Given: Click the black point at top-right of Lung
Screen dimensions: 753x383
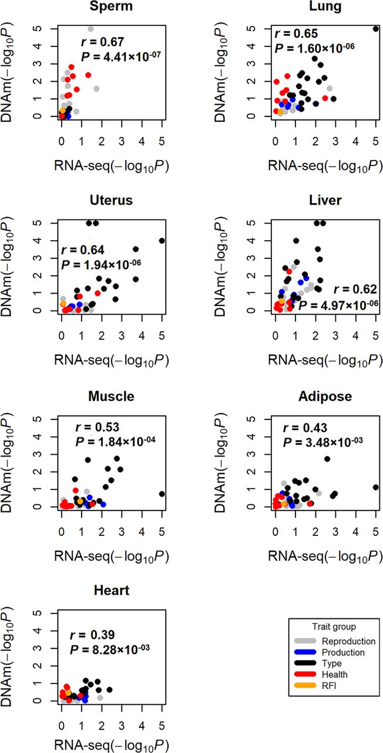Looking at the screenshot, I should pyautogui.click(x=376, y=28).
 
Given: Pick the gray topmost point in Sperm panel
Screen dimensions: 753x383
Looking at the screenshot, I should pyautogui.click(x=90, y=29).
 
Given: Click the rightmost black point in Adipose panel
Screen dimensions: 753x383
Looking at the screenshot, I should pyautogui.click(x=376, y=487).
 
